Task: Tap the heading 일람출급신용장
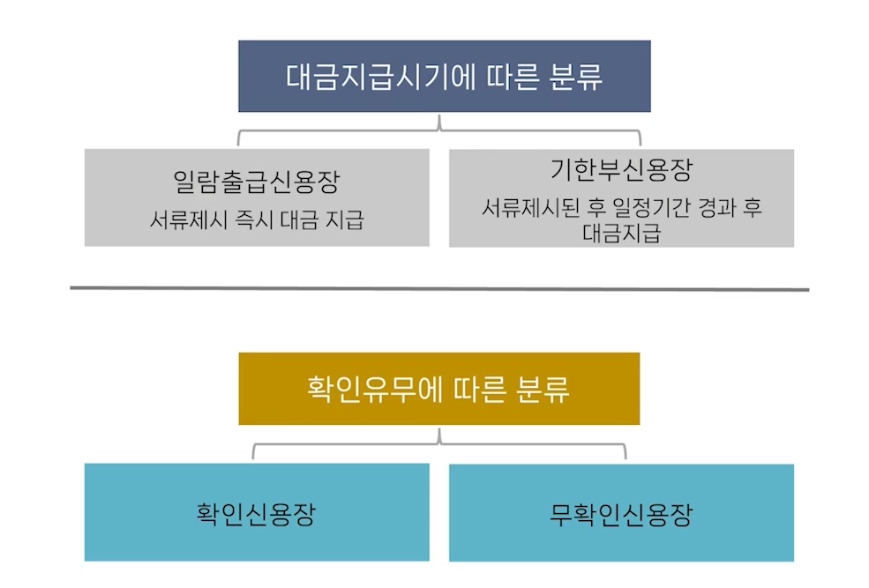(257, 182)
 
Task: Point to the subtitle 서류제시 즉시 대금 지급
(257, 220)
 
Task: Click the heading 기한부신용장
(620, 169)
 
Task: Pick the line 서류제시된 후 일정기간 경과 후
(621, 208)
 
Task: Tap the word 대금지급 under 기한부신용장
(621, 234)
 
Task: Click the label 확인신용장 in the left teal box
(257, 513)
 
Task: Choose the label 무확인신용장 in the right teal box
(620, 513)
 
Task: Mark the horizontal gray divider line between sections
(438, 288)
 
